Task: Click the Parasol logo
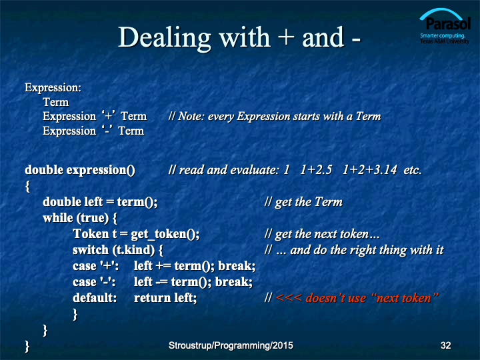pos(445,26)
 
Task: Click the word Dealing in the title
pos(165,38)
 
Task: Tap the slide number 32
pos(445,345)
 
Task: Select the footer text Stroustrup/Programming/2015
pos(231,345)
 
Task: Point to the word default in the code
pos(95,297)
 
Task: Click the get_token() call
pos(165,234)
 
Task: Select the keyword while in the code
pos(58,218)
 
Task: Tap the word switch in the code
pos(91,250)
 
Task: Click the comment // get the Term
pos(303,202)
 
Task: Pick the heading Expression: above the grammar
pos(53,88)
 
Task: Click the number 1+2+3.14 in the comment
pos(369,170)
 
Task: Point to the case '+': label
pos(96,266)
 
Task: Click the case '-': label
pos(94,281)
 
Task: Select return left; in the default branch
pos(165,297)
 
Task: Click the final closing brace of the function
pos(27,346)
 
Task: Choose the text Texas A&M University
pos(445,41)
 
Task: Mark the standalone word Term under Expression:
pos(56,102)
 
